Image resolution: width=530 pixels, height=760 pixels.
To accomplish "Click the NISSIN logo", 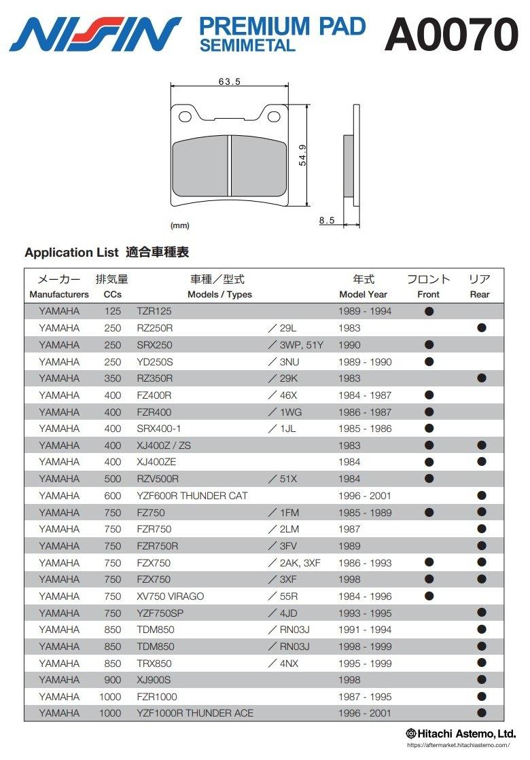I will point(95,34).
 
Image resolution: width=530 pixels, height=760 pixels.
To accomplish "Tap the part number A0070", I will point(451,34).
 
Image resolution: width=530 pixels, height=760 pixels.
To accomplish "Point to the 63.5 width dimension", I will point(230,82).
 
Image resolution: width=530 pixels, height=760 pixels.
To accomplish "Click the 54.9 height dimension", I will point(302,155).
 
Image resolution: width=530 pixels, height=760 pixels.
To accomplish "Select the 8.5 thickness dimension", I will point(326,221).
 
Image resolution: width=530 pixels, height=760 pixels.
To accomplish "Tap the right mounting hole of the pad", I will point(275,116).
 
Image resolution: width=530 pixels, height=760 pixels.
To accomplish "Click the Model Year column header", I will point(363,294).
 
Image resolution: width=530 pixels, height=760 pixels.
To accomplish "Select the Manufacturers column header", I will point(59,294).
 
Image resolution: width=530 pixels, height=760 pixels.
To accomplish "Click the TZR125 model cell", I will point(154,311).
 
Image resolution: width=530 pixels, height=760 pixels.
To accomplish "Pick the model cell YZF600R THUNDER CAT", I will point(192,496).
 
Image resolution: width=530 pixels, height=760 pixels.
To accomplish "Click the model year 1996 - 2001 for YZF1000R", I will point(365,713).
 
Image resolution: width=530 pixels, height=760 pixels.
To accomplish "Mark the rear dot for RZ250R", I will point(482,327).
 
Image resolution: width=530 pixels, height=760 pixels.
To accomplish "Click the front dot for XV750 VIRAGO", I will point(429,596).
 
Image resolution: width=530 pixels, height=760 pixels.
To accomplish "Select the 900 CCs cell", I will point(113,680).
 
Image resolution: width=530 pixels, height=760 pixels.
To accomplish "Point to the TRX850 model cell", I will point(154,663).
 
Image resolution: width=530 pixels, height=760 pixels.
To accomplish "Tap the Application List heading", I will point(107,253).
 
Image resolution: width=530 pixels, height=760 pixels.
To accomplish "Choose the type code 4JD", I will point(283,613).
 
